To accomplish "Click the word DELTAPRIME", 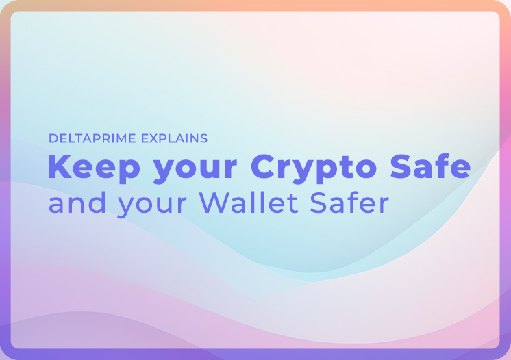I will (x=92, y=138).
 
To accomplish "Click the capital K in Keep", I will (x=58, y=166).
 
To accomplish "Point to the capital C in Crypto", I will (x=262, y=166).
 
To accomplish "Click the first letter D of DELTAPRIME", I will (x=53, y=138).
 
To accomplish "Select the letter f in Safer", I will (x=355, y=203).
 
